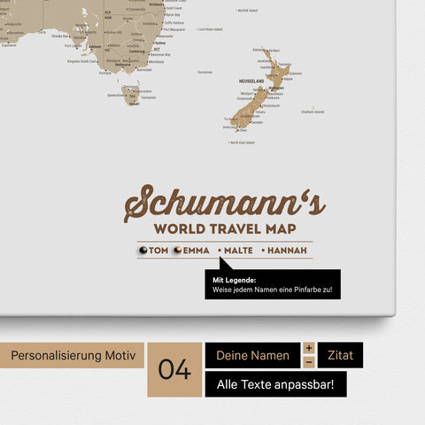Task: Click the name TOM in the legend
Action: click(158, 251)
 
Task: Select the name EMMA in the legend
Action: click(196, 251)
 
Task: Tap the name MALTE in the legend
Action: click(238, 251)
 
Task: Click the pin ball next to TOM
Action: click(143, 251)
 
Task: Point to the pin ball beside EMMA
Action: click(177, 251)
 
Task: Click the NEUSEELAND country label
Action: click(251, 81)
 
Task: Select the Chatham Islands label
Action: click(313, 112)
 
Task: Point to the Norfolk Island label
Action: click(247, 10)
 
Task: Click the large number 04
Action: click(174, 369)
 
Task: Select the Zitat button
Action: click(340, 355)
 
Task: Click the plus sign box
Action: click(309, 348)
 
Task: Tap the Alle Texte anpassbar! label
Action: click(275, 384)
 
